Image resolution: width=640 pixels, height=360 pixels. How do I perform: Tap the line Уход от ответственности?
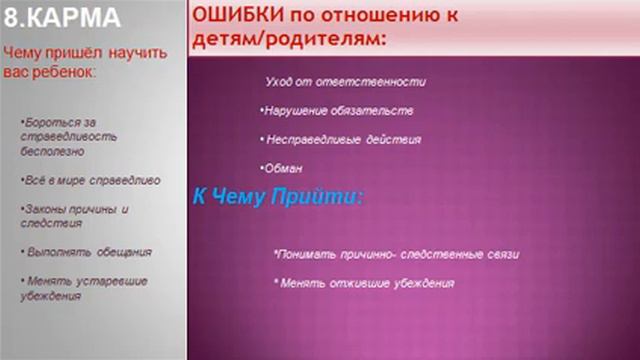click(346, 81)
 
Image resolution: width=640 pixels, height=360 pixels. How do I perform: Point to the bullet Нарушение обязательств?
click(337, 111)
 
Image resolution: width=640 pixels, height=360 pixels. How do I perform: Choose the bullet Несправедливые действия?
click(341, 140)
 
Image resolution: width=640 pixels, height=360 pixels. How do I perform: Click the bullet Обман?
click(276, 168)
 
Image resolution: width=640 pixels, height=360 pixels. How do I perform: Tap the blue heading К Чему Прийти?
click(277, 197)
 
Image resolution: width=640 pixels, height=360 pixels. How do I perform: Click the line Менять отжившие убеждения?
click(365, 284)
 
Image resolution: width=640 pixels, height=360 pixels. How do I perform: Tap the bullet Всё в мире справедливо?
click(90, 181)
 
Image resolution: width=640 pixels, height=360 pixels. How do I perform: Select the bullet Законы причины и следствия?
click(76, 216)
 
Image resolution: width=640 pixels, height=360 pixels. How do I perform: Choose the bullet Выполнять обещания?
click(89, 251)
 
